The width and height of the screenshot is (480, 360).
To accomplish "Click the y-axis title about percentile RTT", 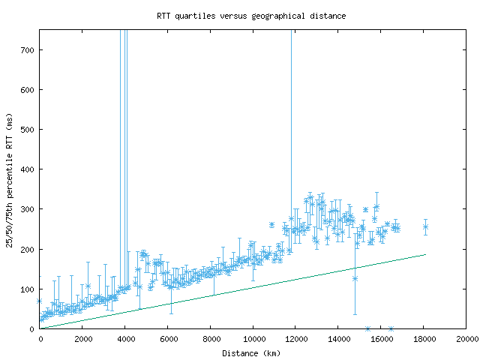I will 10,179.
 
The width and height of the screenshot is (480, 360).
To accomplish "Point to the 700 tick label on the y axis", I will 28,50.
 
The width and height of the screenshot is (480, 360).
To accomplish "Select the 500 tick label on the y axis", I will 28,130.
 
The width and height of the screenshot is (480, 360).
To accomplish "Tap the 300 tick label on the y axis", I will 28,209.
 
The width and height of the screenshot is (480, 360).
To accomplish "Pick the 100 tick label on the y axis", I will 28,289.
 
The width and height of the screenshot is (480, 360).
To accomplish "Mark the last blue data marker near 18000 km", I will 425,226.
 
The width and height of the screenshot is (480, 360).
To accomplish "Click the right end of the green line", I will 425,254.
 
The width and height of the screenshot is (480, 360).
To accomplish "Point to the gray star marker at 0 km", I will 40,301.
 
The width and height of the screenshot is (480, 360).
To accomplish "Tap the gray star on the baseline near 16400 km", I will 391,328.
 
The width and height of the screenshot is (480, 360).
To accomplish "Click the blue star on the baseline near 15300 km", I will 367,328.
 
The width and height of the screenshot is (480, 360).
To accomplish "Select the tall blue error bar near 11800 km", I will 292,112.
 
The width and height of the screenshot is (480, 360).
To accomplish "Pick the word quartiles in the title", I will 197,15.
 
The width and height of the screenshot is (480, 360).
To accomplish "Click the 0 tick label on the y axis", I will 33,328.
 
